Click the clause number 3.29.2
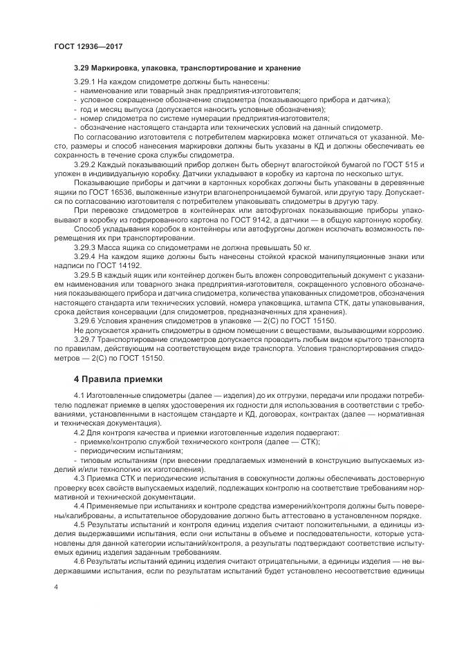85,164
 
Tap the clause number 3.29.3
85,246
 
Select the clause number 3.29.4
85,256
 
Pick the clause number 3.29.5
85,274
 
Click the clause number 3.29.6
85,320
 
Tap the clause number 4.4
79,505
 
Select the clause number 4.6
79,560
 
